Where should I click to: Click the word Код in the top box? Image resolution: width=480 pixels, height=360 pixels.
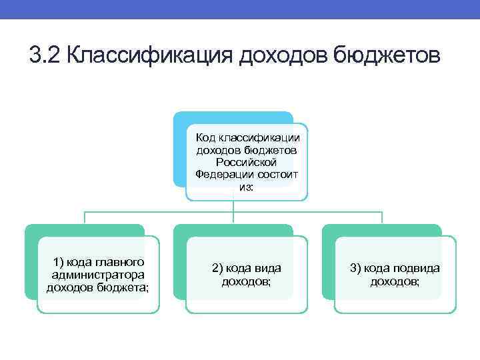pyautogui.click(x=205, y=138)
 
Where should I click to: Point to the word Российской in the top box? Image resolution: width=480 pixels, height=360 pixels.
pyautogui.click(x=247, y=162)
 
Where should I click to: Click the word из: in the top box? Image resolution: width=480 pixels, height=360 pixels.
pyautogui.click(x=247, y=187)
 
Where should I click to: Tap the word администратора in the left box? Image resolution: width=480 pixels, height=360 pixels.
pyautogui.click(x=98, y=274)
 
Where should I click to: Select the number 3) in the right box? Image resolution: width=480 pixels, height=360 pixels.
pyautogui.click(x=357, y=268)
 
